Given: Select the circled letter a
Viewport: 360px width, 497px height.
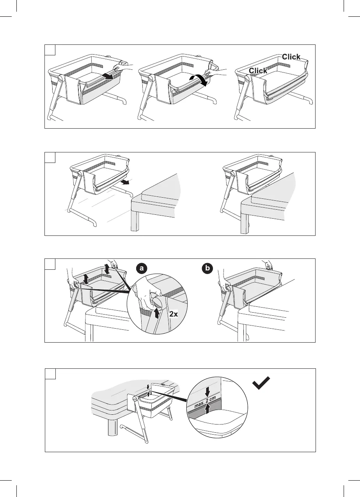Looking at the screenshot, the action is [142, 269].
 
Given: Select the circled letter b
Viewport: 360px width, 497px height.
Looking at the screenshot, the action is [208, 269].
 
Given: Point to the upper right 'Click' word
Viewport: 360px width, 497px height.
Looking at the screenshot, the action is [291, 57].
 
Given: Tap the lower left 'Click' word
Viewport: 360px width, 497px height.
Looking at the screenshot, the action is [258, 71].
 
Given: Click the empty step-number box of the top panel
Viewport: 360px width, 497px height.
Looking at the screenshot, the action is [50, 50].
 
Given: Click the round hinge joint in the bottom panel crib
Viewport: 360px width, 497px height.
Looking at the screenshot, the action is [135, 399].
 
